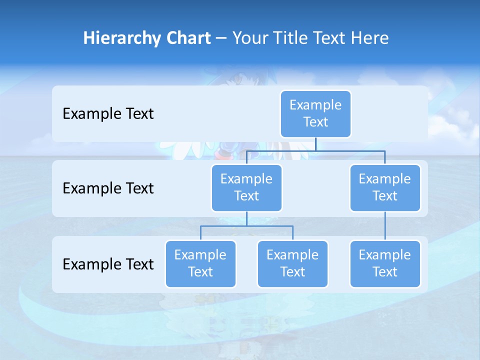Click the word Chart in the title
[187, 38]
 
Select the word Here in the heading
[369, 38]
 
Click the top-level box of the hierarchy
[315, 113]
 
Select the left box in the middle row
[246, 187]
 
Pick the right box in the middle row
[385, 187]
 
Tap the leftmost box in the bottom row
[200, 263]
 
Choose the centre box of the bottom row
[292, 263]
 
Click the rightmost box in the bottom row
[385, 263]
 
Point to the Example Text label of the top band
[108, 114]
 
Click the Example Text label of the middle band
[108, 188]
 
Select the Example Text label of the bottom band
[108, 264]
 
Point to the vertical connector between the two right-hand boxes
[385, 226]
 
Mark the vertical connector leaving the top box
[315, 144]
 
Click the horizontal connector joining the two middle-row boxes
[315, 150]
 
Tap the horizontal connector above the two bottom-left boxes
[246, 226]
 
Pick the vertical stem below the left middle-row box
[246, 218]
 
